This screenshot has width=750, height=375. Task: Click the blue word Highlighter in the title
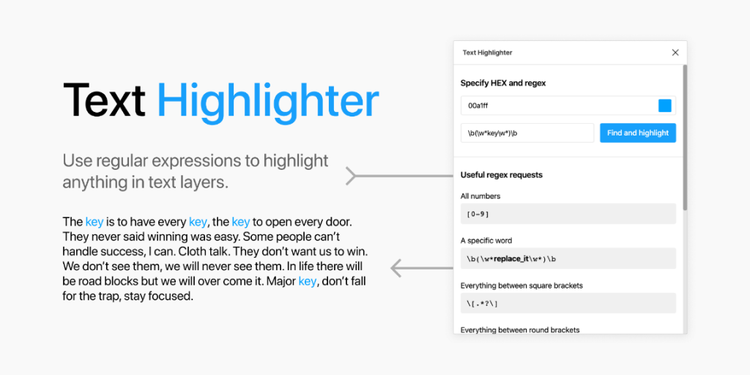point(268,101)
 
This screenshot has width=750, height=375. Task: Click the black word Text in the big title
point(104,101)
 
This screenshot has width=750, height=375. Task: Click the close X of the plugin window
point(675,53)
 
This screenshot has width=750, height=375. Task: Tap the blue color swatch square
point(664,105)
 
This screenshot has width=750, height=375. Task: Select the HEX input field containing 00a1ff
point(557,105)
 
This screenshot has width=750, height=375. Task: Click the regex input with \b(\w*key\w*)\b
point(527,133)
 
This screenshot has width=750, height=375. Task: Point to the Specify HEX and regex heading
point(503,83)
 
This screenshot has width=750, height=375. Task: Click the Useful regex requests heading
point(502,175)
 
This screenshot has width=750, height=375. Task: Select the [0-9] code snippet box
point(568,214)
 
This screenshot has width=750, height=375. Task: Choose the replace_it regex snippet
point(568,259)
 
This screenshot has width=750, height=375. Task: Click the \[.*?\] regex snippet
point(568,303)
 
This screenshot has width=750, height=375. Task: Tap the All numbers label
point(480,196)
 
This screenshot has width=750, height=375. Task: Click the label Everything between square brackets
point(521,285)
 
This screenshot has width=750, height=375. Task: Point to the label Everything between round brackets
point(520,330)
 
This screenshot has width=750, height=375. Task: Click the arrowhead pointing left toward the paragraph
point(396,268)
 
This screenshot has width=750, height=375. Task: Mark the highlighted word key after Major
point(307,281)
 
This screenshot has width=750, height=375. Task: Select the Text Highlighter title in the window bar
point(488,53)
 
